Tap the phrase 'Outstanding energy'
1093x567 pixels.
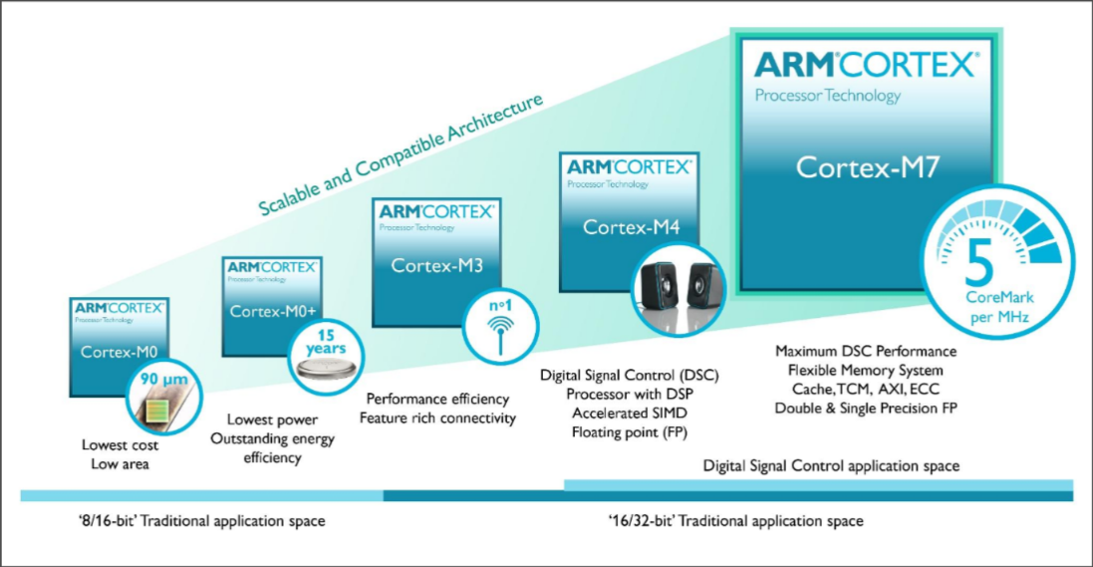click(272, 439)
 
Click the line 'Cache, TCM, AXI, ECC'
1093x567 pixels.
click(866, 389)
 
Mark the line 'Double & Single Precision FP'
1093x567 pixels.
click(866, 408)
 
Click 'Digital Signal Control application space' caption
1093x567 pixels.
click(831, 465)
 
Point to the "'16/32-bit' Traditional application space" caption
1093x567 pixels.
click(735, 521)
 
